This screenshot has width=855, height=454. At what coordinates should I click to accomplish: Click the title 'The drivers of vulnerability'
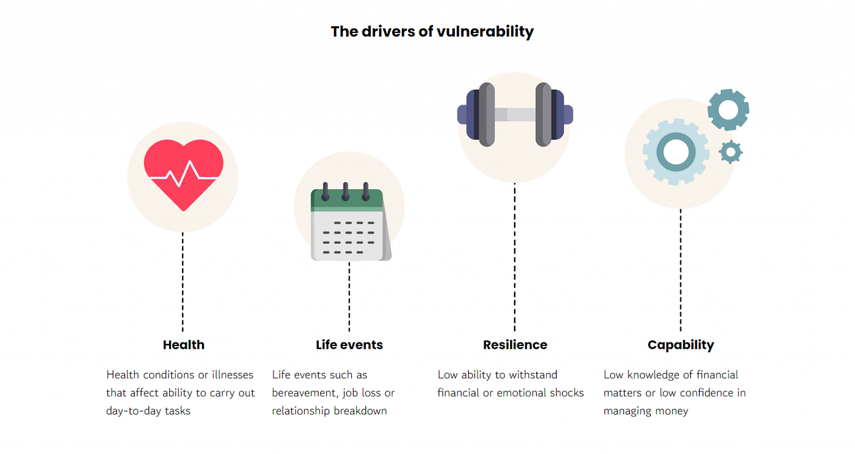coord(432,32)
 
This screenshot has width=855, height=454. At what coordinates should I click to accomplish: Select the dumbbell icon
coord(515,114)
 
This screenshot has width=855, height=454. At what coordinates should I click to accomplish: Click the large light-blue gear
coord(675,151)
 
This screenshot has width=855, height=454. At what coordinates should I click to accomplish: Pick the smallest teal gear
coord(730,152)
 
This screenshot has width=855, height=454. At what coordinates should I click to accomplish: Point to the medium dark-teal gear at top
coord(728,110)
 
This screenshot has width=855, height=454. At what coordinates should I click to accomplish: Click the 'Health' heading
coord(183,345)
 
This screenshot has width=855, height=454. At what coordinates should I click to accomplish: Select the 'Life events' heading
coord(349,345)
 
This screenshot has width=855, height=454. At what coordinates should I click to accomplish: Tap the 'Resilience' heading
coord(515,345)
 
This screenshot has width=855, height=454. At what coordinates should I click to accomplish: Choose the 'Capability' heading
coord(680,345)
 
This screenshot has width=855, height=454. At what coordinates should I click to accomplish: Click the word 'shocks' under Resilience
coord(565,393)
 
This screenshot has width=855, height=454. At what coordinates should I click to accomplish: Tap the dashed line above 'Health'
coord(183,281)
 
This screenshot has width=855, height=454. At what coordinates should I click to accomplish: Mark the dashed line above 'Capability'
coord(680,268)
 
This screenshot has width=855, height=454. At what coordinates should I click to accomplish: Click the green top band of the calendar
coord(347,199)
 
